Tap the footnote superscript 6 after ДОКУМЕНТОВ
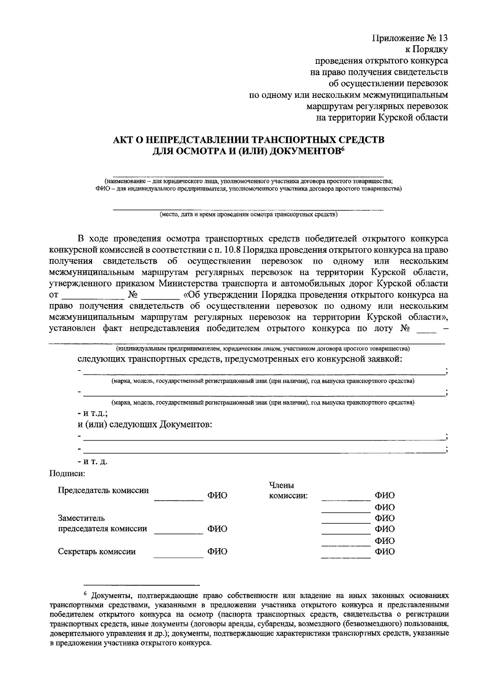click(343, 149)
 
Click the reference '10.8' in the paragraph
click(232, 250)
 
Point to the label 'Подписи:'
click(67, 473)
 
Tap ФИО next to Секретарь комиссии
click(217, 552)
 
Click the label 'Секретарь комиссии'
click(97, 552)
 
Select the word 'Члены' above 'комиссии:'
click(281, 485)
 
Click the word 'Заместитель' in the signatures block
click(81, 518)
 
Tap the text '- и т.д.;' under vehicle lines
click(93, 413)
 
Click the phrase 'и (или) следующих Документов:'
click(145, 425)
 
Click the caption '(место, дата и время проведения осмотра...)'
click(249, 215)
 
